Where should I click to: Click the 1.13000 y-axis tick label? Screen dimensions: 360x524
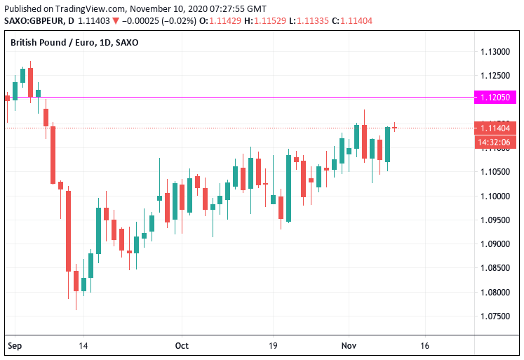coord(495,52)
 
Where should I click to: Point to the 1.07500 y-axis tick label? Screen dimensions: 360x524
coord(495,316)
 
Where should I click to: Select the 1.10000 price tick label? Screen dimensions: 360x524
coord(495,196)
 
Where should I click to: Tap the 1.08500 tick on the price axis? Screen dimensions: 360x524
coord(495,268)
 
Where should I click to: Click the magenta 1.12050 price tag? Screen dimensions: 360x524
coord(495,98)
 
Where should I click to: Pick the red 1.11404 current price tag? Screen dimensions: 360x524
coord(495,128)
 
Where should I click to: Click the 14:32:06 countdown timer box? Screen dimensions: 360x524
coord(495,142)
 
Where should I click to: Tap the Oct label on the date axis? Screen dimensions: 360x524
coord(182,346)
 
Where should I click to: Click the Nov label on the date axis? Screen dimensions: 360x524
coord(349,346)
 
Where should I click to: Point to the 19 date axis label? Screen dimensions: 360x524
coord(273,346)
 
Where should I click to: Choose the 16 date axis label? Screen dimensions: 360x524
coord(424,346)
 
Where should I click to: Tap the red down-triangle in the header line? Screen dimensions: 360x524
coord(116,20)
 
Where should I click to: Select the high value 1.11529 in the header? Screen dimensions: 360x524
coord(269,20)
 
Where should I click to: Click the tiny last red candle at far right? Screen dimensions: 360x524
coord(395,128)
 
